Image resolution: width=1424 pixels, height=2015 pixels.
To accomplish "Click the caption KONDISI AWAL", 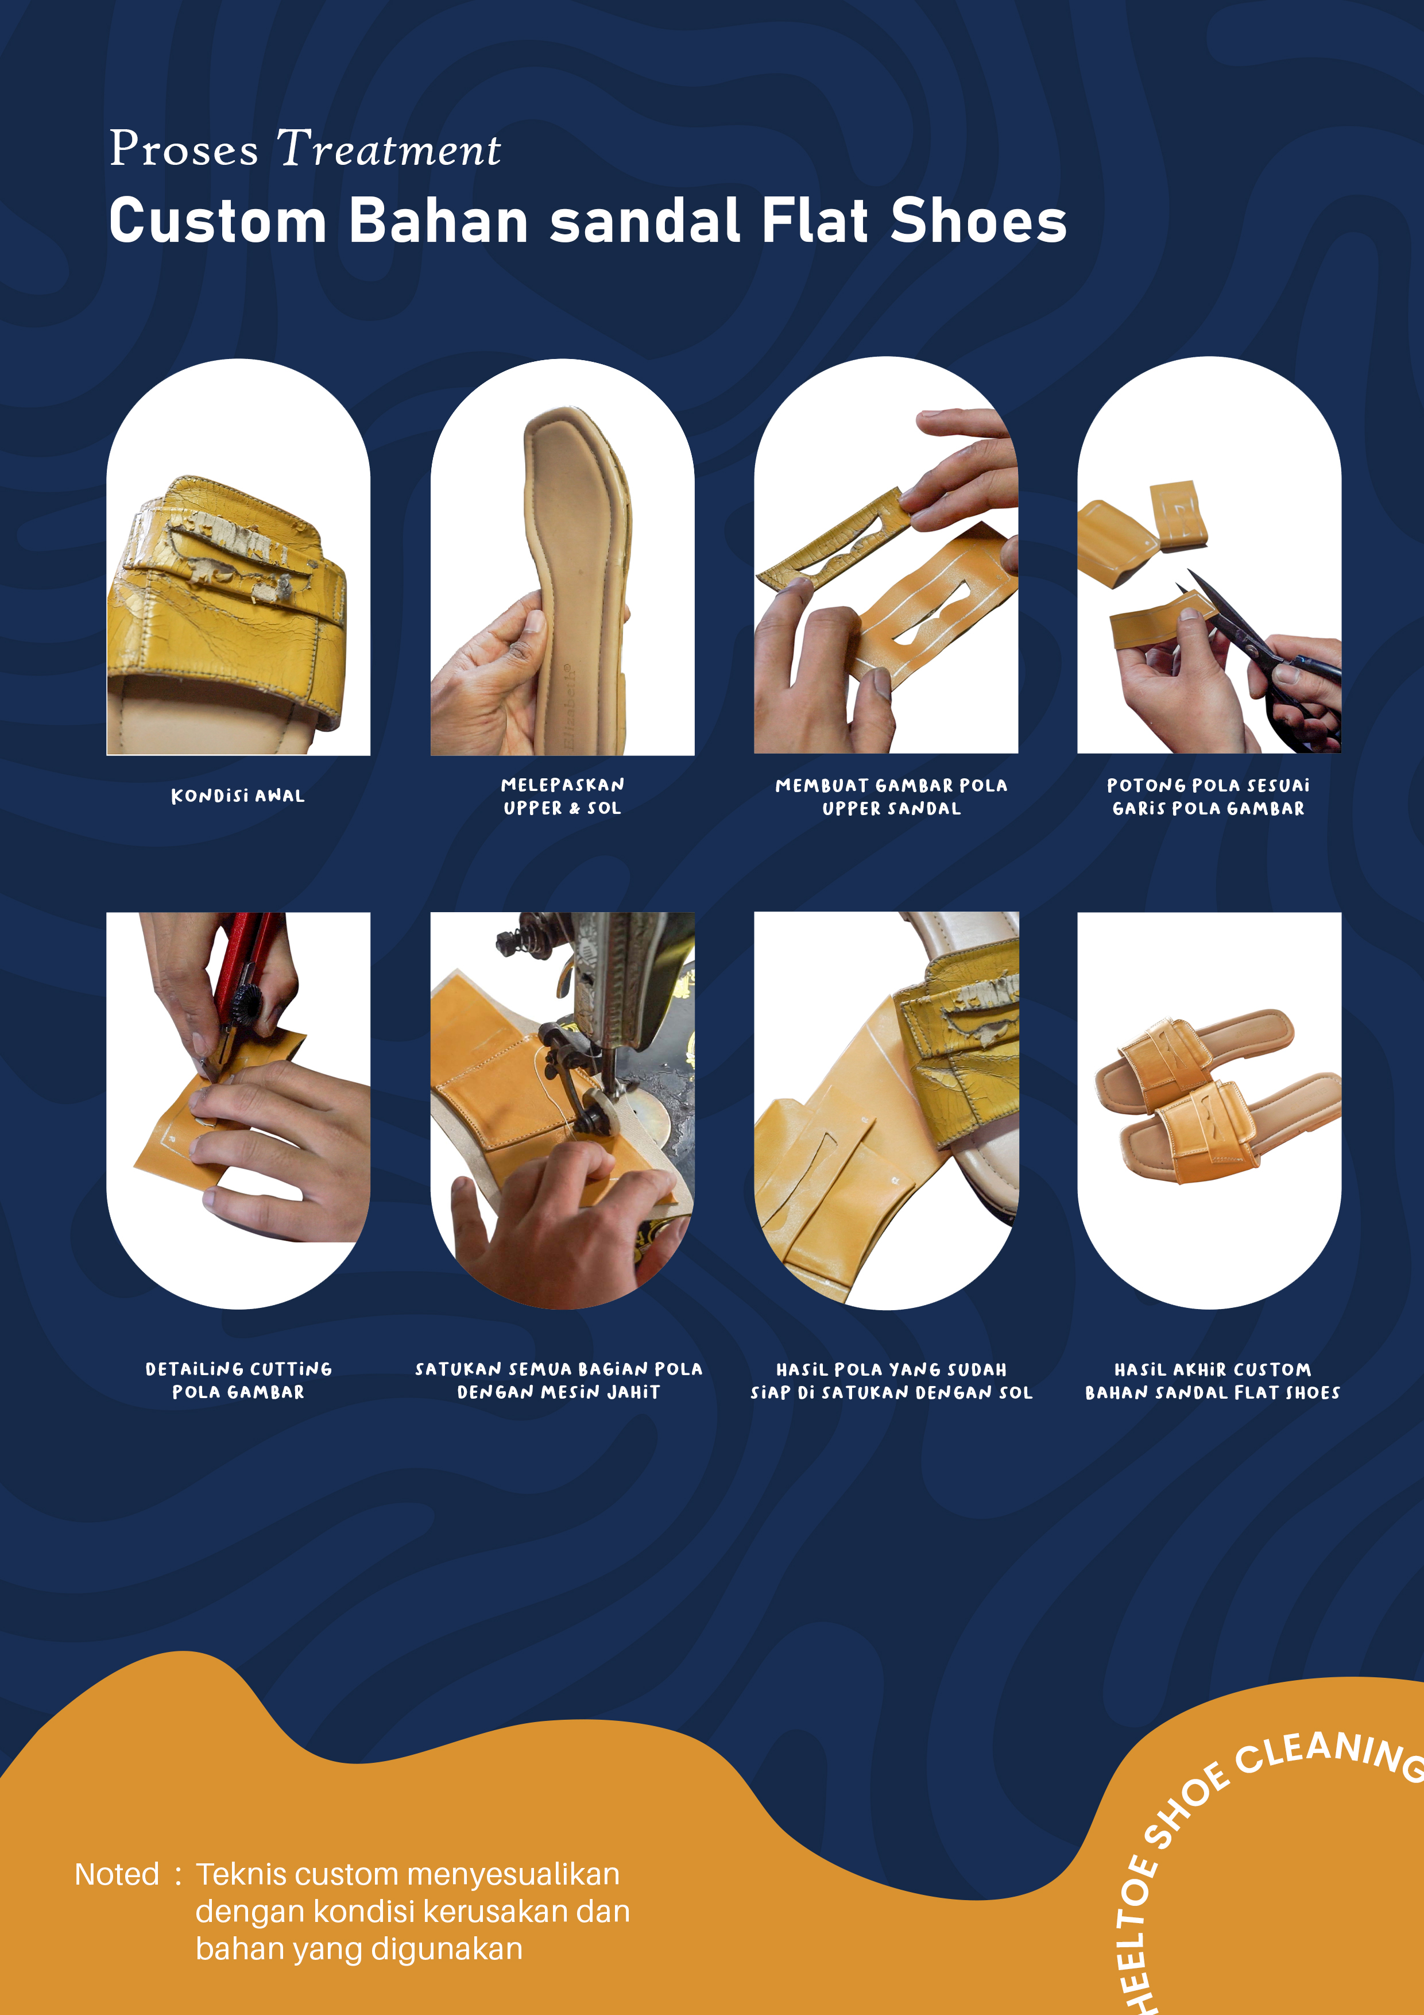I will tap(238, 796).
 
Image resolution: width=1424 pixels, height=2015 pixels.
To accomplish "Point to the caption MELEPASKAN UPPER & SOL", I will tap(562, 796).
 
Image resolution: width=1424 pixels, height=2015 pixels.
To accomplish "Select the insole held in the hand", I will tap(575, 570).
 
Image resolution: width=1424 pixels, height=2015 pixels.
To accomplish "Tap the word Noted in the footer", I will tap(117, 1874).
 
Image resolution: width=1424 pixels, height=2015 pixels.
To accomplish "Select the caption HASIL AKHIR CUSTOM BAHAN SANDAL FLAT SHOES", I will tap(1212, 1380).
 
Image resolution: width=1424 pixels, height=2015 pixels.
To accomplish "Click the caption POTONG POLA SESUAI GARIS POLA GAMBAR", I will tap(1208, 797).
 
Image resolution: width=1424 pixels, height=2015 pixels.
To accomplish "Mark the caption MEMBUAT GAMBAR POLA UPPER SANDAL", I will tap(891, 797).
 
